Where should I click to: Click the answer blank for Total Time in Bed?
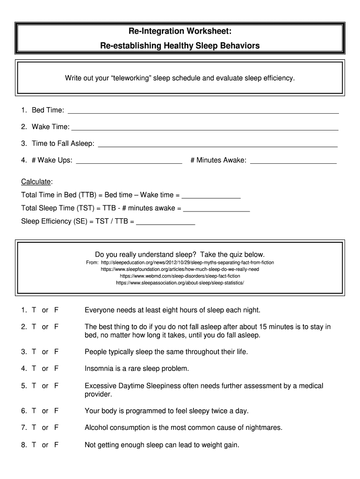(211, 196)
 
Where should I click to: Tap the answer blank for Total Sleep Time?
(216, 210)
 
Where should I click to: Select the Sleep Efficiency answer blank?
(165, 223)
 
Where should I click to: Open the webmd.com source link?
(180, 276)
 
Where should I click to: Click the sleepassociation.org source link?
(180, 283)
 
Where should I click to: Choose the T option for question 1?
(34, 310)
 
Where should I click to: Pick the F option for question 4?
(56, 369)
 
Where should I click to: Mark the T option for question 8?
(34, 445)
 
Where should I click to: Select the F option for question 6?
(56, 411)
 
